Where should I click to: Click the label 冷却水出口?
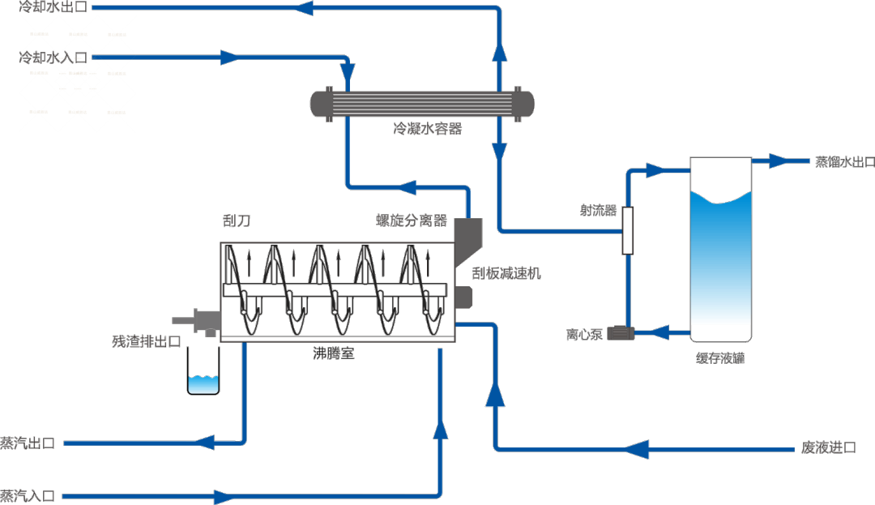pos(53,7)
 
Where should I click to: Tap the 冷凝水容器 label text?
pos(427,128)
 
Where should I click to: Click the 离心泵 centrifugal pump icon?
pos(623,332)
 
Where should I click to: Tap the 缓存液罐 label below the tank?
pos(719,357)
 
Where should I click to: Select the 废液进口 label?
pos(827,447)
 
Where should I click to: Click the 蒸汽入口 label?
pos(28,495)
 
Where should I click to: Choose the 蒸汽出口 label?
pos(28,443)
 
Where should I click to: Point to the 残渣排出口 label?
pos(146,340)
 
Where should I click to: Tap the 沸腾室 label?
pos(335,353)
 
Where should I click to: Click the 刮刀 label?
pos(235,220)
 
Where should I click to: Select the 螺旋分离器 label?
pos(412,220)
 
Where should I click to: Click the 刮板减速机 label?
pos(506,274)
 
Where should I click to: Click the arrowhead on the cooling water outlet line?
pos(304,8)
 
